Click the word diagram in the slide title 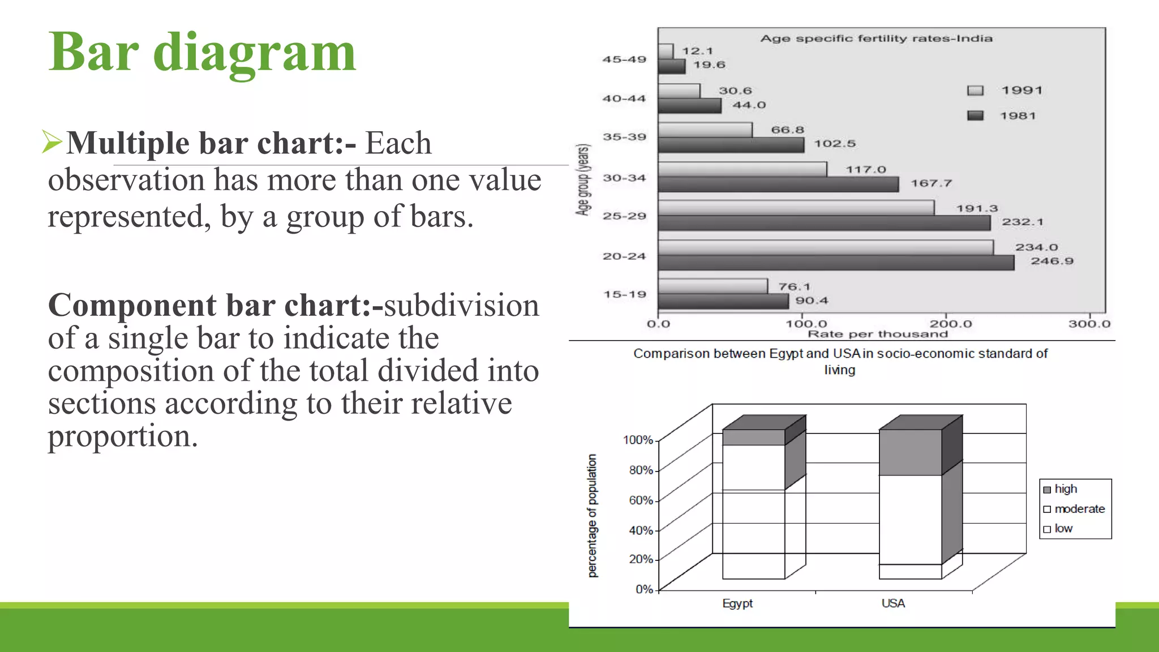254,53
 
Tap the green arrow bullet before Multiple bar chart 51,141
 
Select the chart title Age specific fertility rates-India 875,38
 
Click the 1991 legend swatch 975,91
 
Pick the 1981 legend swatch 975,115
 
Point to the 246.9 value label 1051,261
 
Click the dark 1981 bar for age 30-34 778,185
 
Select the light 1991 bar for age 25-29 796,208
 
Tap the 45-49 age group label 624,59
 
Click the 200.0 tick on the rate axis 951,324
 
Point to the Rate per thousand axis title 877,334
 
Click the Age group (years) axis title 583,179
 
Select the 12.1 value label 697,51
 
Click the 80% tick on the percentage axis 641,470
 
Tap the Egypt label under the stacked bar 737,603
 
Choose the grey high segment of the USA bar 910,452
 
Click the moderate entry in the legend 1079,509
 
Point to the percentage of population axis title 592,516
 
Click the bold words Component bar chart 209,306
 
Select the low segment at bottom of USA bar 910,572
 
